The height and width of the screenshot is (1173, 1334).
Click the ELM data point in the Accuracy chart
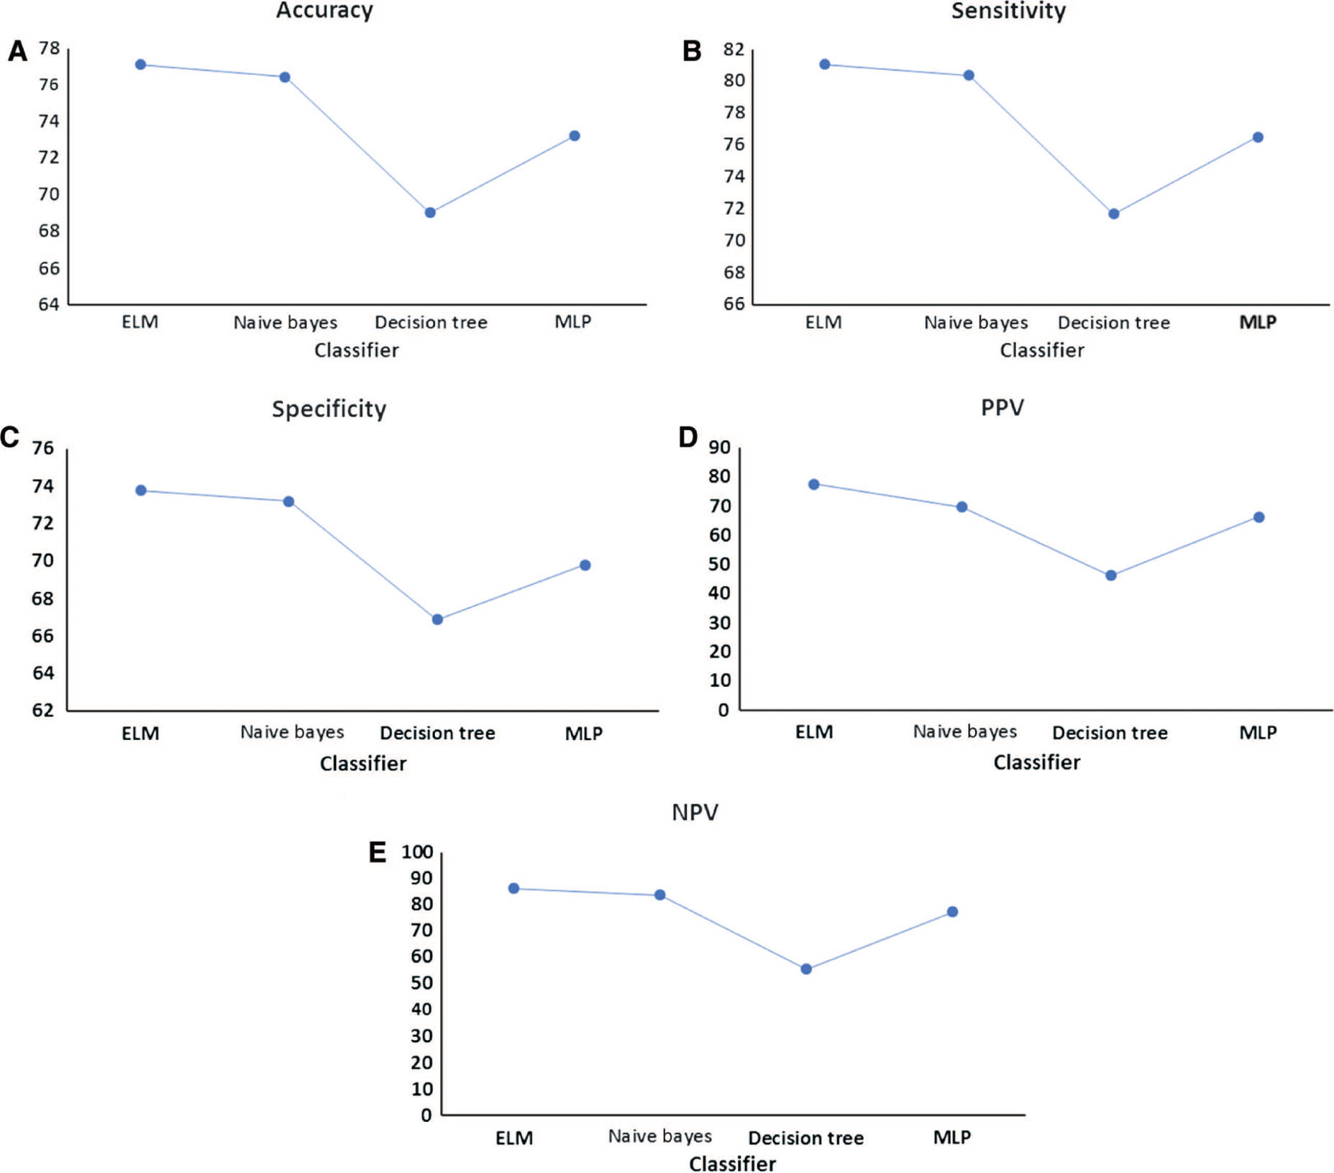[x=140, y=65]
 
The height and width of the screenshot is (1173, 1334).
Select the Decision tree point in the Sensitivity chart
[x=1113, y=214]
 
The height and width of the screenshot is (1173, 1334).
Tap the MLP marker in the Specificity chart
[x=585, y=565]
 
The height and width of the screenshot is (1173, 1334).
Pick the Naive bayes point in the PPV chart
[x=961, y=507]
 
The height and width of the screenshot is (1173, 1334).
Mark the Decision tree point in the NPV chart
[x=806, y=969]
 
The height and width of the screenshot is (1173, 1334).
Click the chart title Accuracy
[x=324, y=11]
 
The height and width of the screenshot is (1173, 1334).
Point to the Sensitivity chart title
[x=1008, y=11]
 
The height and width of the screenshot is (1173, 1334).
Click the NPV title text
[x=694, y=812]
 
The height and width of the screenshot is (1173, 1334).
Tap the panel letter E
[x=378, y=852]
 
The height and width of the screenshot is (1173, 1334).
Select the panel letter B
[x=691, y=51]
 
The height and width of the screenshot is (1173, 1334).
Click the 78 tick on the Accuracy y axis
[x=49, y=48]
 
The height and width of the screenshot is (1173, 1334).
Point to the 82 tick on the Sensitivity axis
[x=734, y=50]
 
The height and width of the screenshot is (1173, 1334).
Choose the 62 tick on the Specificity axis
[x=43, y=710]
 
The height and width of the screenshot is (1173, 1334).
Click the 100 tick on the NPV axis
[x=417, y=852]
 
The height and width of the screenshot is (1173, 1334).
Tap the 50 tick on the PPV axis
[x=720, y=565]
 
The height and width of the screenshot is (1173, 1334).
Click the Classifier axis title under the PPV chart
[x=1036, y=762]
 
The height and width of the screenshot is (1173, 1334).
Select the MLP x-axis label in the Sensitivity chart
[x=1257, y=322]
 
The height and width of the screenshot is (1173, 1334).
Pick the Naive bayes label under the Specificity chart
[x=292, y=732]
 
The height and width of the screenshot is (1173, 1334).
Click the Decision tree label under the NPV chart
[x=805, y=1138]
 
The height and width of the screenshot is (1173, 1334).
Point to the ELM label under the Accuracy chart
[x=140, y=321]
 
